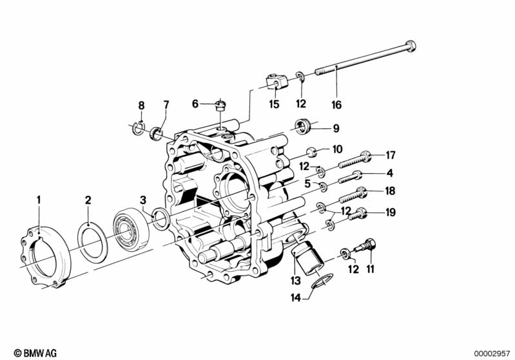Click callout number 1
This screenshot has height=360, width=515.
38,200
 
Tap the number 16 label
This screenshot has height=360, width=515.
336,104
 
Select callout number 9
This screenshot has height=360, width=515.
335,128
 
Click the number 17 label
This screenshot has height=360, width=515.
390,155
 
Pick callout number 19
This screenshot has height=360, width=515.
390,213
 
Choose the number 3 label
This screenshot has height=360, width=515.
144,200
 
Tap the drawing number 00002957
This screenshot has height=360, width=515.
492,353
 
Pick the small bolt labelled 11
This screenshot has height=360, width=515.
368,245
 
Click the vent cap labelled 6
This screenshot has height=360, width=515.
219,104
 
